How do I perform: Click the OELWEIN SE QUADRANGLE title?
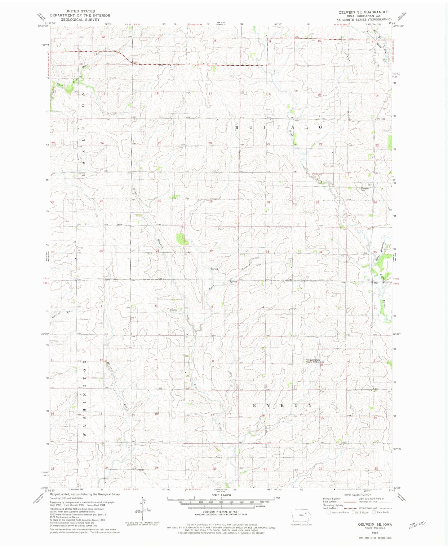(x=363, y=12)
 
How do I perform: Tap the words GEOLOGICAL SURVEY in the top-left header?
(x=80, y=20)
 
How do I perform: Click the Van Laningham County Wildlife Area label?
(x=315, y=361)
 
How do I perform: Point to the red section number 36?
(x=101, y=251)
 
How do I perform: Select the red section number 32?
(x=211, y=251)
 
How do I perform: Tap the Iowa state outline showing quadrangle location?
(x=299, y=515)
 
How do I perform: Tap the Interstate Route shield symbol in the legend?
(x=329, y=512)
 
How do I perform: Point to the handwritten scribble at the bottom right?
(x=418, y=524)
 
